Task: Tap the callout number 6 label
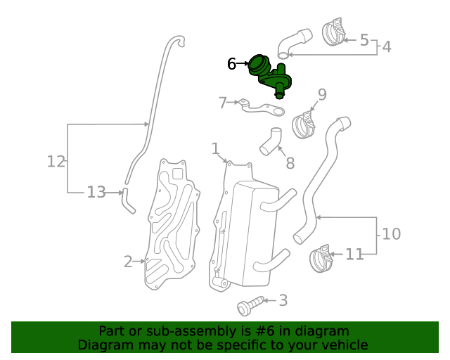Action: coord(232,64)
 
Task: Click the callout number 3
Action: coord(283,301)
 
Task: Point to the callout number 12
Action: coord(56,161)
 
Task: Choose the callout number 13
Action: coord(96,191)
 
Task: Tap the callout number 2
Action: coord(128,262)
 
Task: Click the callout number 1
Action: coord(215,148)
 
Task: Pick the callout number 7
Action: coord(223,103)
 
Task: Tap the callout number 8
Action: coord(290,164)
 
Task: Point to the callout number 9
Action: coord(322,94)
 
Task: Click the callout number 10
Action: coord(391,233)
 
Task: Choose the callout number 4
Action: coord(386,47)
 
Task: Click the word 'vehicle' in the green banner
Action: coord(343,345)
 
